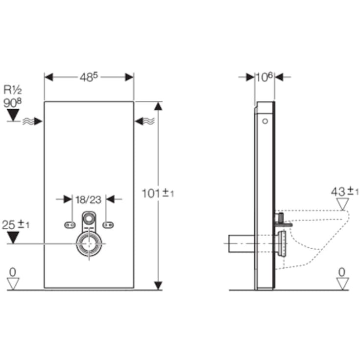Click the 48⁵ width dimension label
[89, 77]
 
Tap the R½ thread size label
[13, 90]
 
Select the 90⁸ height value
[13, 102]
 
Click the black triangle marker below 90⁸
[13, 116]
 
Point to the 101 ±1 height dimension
[158, 193]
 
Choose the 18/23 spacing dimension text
[88, 199]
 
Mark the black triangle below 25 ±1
[13, 238]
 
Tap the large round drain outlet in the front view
[89, 243]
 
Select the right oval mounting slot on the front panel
[109, 224]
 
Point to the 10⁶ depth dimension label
[264, 77]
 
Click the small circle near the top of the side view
[265, 121]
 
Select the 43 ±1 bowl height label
[344, 192]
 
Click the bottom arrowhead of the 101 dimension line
[158, 285]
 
